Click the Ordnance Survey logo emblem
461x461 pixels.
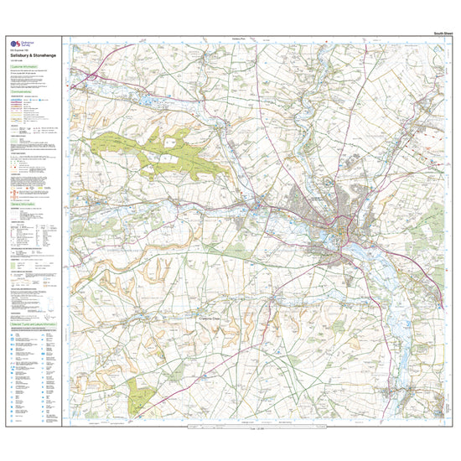coord(13,46)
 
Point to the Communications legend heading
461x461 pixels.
coord(24,91)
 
